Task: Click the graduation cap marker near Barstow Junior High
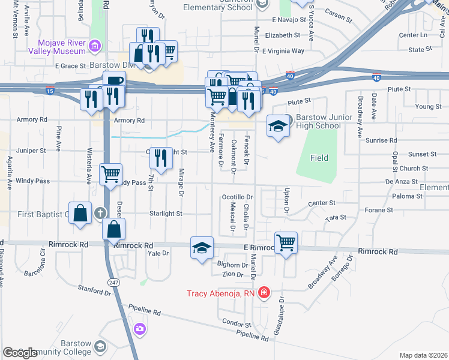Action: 277,126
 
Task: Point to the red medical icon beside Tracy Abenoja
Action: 264,293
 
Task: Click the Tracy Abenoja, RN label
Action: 221,293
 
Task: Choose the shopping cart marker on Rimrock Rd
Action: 286,243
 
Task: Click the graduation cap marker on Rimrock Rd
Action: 202,248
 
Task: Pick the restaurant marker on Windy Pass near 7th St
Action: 160,158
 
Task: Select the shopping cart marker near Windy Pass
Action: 110,175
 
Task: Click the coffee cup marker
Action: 113,82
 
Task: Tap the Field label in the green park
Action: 319,158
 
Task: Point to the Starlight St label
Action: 166,214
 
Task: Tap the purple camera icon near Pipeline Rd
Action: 140,328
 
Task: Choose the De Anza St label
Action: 401,181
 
